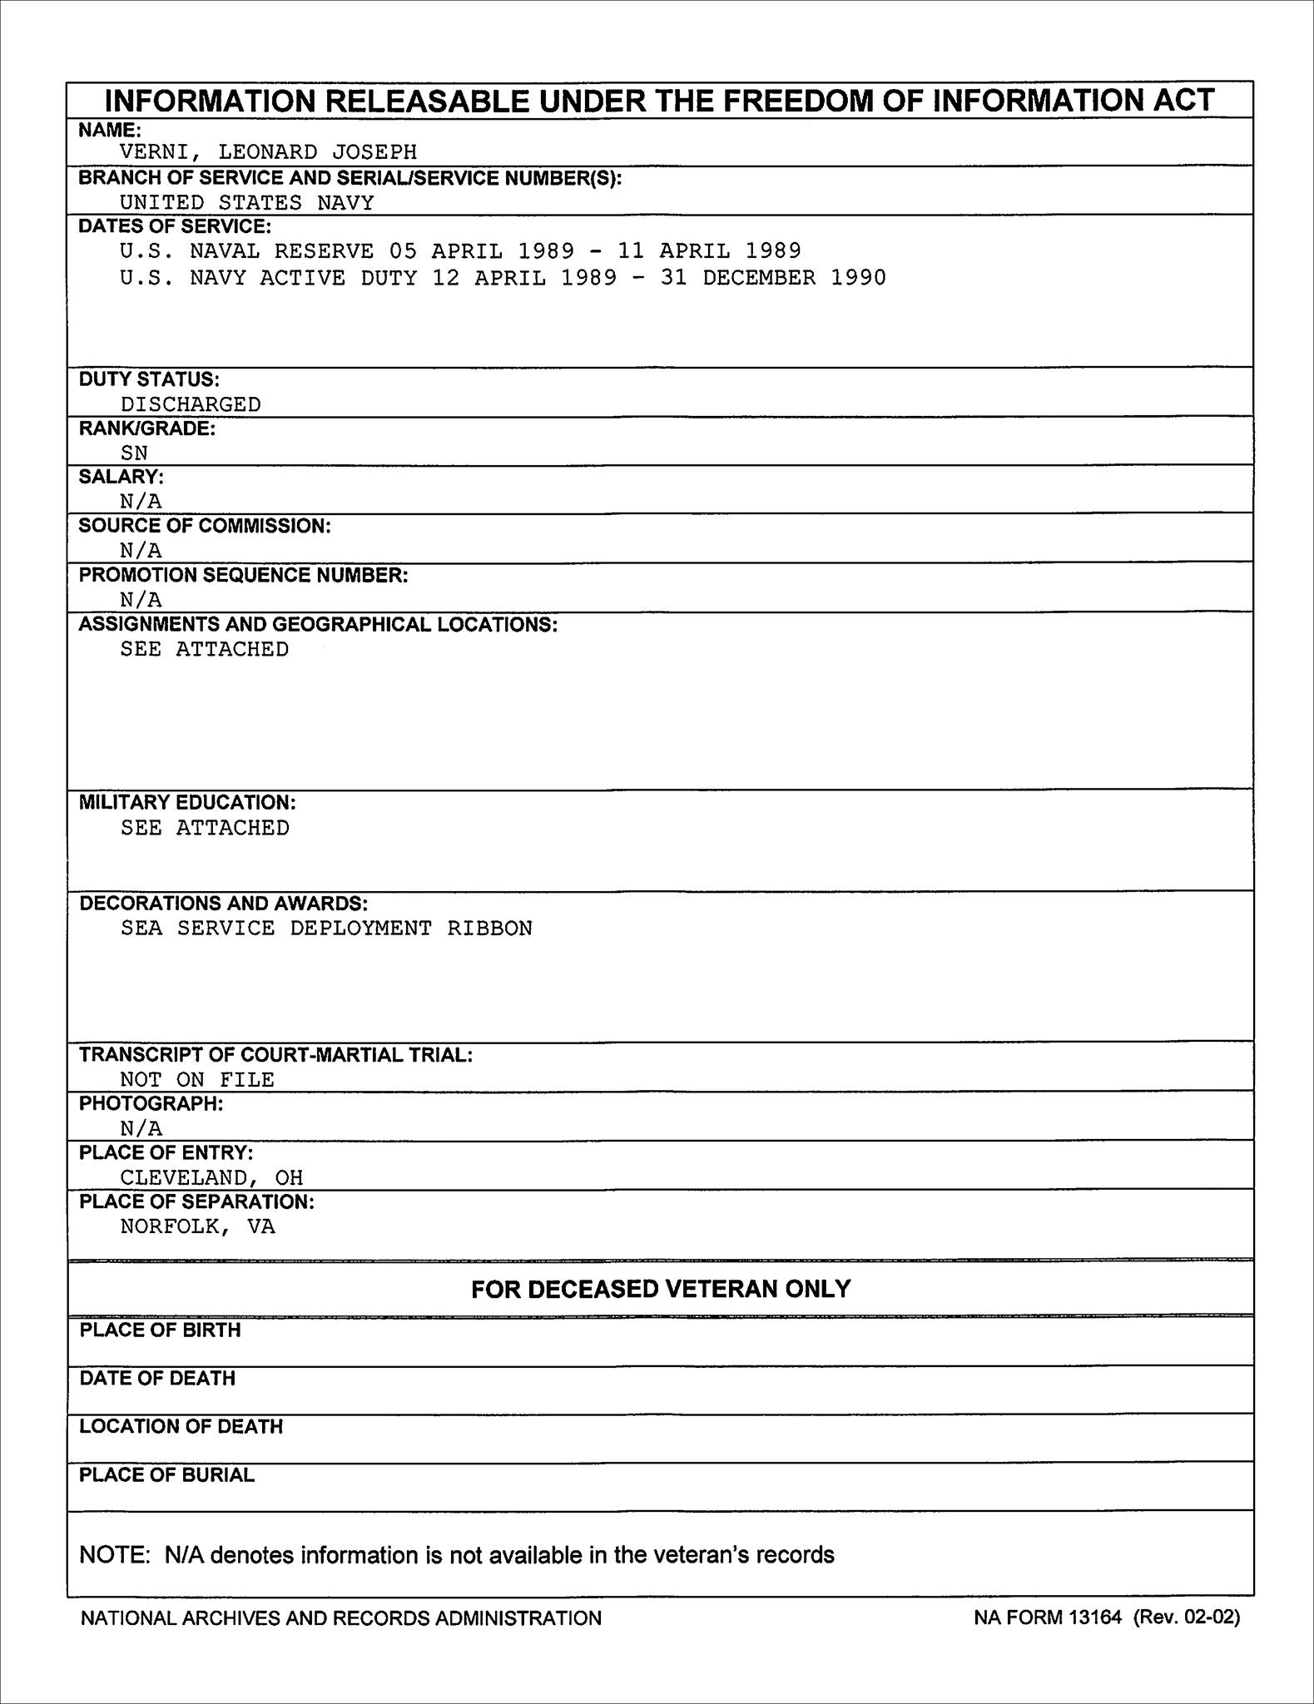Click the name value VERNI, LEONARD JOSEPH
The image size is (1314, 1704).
point(268,152)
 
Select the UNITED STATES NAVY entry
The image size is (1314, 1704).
point(246,203)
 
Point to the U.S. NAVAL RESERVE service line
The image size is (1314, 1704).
point(460,251)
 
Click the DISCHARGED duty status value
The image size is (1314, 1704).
point(191,404)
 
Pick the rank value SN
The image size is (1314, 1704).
point(134,453)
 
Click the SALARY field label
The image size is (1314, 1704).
point(121,477)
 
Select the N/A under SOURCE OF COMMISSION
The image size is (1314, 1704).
point(141,550)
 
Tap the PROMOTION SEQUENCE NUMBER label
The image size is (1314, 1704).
point(243,575)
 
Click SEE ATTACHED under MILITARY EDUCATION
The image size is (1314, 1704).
point(205,828)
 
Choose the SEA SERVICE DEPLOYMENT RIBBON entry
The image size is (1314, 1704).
point(326,929)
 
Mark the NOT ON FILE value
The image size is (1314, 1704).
point(197,1080)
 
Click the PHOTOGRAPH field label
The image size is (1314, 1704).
point(151,1103)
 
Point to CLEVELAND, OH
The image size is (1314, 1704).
point(211,1178)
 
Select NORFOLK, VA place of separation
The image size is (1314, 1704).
point(197,1226)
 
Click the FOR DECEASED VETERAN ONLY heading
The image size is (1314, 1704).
point(661,1289)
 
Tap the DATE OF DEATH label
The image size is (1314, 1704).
point(157,1379)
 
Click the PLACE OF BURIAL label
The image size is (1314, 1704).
point(166,1475)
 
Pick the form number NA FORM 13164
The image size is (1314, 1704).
point(1048,1617)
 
